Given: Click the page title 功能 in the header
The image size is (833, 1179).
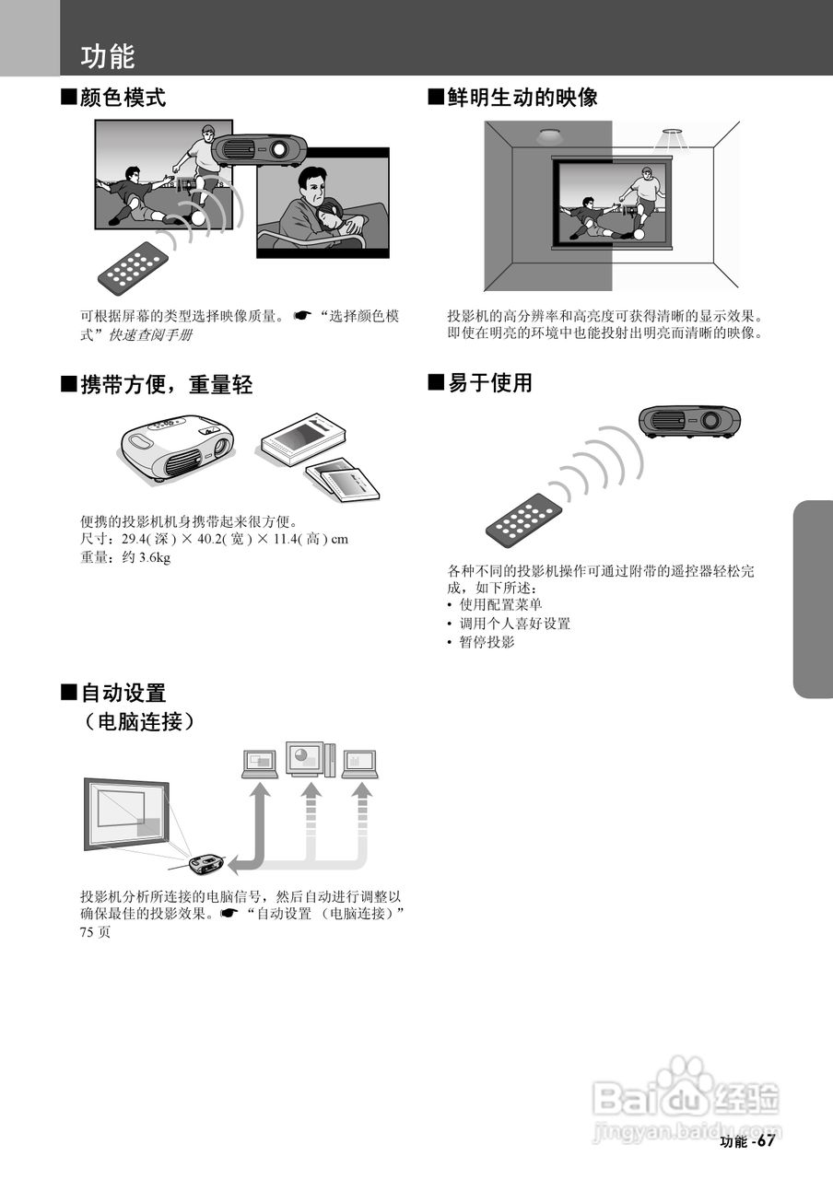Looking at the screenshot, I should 108,56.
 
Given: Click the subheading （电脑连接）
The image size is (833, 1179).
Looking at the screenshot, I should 139,721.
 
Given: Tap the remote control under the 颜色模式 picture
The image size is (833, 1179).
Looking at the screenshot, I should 135,267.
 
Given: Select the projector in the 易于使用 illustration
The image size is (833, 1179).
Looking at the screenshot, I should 690,420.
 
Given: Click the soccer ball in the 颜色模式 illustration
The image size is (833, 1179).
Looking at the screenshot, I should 197,219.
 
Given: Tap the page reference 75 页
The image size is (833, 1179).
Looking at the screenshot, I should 95,932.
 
